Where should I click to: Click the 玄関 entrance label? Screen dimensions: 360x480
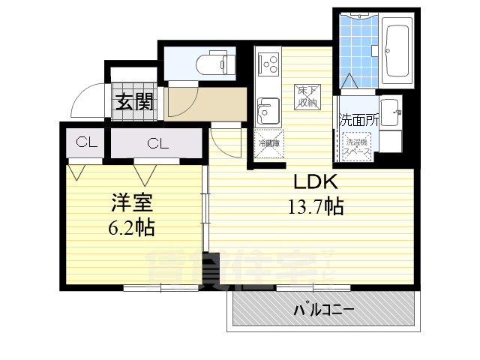[135, 101]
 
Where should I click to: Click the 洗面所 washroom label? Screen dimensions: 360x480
[360, 119]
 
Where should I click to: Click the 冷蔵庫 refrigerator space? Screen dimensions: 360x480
[268, 143]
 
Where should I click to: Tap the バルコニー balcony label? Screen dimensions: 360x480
[324, 309]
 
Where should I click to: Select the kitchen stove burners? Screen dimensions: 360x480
[266, 63]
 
